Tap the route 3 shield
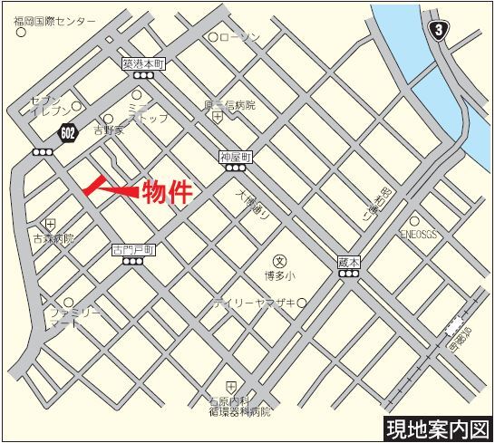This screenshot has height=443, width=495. [440, 30]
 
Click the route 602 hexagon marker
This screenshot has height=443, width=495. [69, 132]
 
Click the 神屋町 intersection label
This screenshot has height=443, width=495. [234, 157]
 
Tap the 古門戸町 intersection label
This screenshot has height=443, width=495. [134, 247]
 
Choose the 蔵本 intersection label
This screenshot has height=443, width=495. [348, 260]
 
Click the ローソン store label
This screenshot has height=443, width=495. [241, 37]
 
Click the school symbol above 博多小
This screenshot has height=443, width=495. [280, 258]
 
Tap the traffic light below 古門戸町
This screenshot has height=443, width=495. [134, 262]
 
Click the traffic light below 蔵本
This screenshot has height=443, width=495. [348, 274]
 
